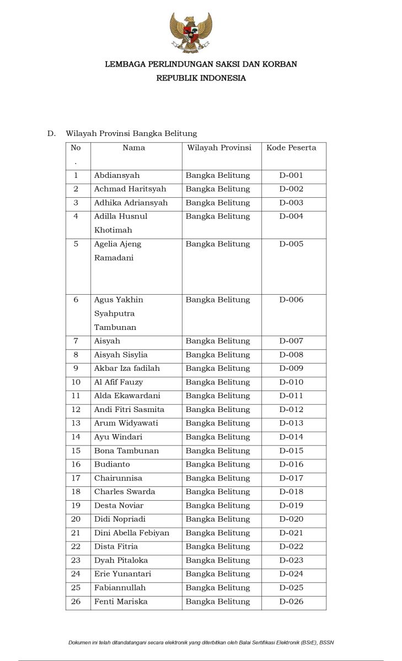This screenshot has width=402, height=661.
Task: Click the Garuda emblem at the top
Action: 191,32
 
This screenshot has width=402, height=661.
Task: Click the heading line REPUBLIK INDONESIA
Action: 201,78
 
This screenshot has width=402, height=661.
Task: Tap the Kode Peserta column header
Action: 291,148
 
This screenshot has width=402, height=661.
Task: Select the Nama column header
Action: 134,148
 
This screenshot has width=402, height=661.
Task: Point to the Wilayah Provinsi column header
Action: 219,148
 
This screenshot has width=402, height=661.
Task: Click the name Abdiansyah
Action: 117,176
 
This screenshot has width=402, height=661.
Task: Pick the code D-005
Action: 291,244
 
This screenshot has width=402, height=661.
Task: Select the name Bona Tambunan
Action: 126,451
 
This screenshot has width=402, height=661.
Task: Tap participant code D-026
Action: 291,602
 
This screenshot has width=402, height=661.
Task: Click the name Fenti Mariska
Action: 121,602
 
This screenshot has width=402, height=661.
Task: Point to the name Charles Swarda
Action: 125,492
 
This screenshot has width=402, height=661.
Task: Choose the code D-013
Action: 291,423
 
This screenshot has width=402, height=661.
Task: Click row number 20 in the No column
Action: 76,519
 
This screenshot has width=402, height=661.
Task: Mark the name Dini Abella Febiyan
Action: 132,533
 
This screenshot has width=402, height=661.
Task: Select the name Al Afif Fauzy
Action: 119,382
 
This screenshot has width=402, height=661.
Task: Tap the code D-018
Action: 291,492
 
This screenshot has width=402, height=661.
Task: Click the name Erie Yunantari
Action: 122,574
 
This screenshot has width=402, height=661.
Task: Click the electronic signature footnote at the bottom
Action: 201,642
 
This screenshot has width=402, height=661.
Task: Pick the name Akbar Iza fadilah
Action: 127,369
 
